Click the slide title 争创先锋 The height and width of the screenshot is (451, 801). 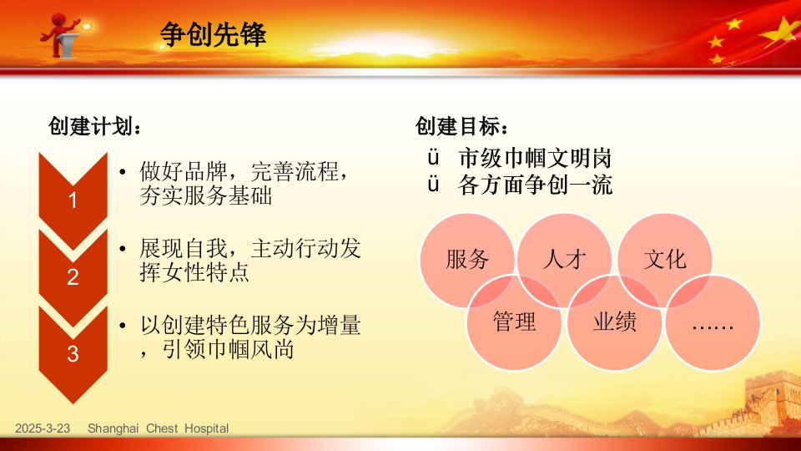click(213, 35)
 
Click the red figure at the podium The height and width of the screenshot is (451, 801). click(60, 34)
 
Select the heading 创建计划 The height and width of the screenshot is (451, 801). click(94, 126)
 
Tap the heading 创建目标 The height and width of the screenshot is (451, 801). click(461, 126)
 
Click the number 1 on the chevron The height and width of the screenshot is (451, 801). click(73, 200)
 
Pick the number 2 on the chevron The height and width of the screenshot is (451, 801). click(73, 277)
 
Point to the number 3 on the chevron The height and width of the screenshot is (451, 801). click(73, 354)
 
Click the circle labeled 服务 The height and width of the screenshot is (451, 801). click(467, 260)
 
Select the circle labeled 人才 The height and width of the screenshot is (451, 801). click(565, 260)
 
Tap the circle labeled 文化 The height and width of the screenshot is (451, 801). click(665, 260)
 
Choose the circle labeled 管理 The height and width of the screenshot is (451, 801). click(514, 322)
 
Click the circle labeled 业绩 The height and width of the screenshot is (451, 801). click(615, 322)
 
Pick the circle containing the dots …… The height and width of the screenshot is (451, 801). click(713, 322)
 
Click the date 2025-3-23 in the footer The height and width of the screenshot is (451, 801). click(43, 428)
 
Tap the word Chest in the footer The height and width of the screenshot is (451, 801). click(162, 428)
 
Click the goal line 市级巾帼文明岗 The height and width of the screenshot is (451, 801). click(535, 159)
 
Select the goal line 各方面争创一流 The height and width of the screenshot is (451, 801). click(535, 185)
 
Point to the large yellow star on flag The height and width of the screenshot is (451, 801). click(783, 33)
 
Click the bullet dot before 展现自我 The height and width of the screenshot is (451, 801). click(123, 249)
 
